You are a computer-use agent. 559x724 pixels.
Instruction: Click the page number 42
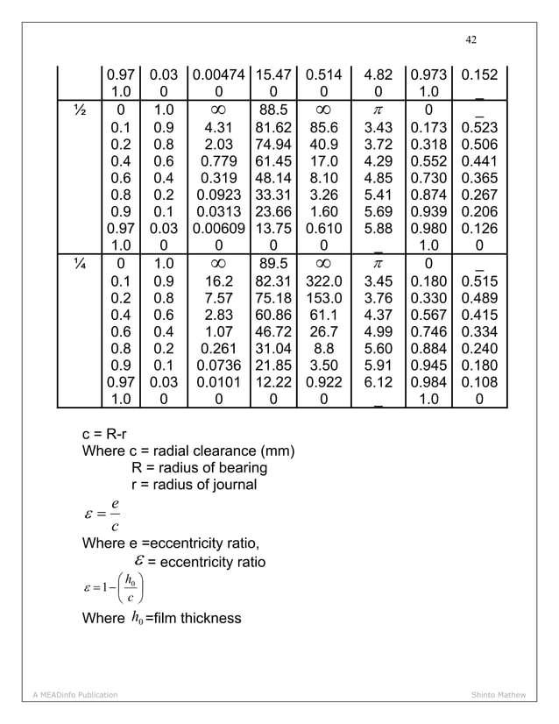(x=471, y=39)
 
